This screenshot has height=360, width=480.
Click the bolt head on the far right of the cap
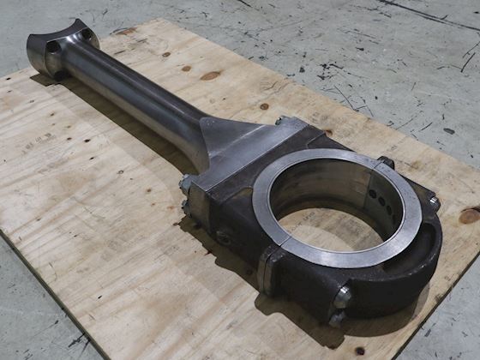click(x=435, y=203)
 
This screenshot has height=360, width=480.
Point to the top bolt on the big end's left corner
click(x=184, y=183)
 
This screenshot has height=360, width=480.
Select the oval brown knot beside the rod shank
click(x=210, y=75)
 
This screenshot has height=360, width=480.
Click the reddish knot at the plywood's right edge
click(x=470, y=215)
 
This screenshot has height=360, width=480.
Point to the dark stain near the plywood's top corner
click(x=125, y=31)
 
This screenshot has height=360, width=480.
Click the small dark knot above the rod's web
click(x=263, y=106)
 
